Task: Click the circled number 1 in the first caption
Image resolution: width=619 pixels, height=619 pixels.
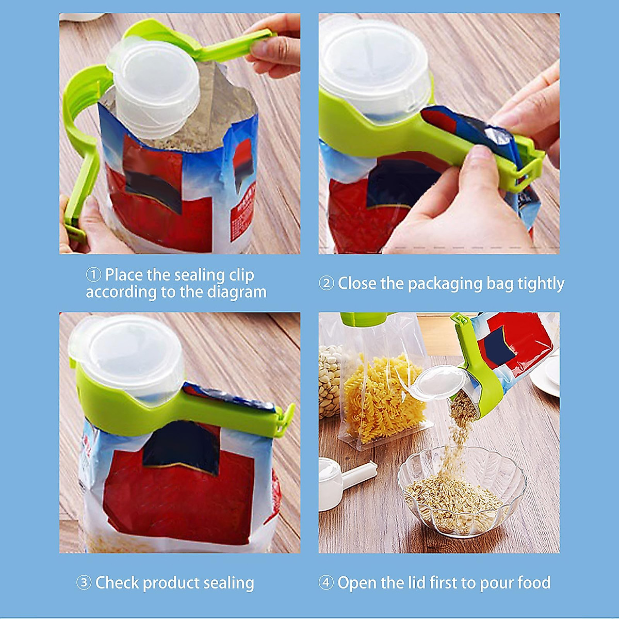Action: tap(93, 275)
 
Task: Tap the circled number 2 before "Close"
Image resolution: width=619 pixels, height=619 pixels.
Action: tap(326, 283)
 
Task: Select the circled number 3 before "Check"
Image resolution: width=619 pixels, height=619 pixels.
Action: tap(84, 583)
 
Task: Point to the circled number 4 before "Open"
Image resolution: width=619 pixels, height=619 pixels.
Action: tap(326, 583)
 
